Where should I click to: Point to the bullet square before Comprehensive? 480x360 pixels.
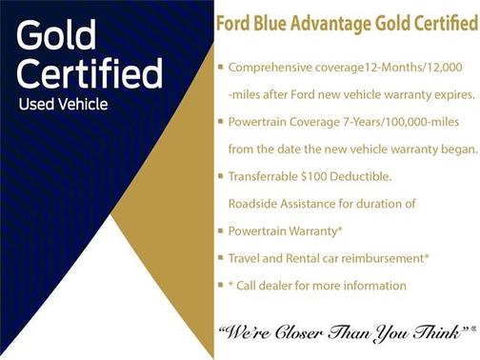[220, 68]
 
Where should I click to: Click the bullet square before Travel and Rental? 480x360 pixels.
[220, 258]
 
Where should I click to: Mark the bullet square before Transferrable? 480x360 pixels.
[220, 176]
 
